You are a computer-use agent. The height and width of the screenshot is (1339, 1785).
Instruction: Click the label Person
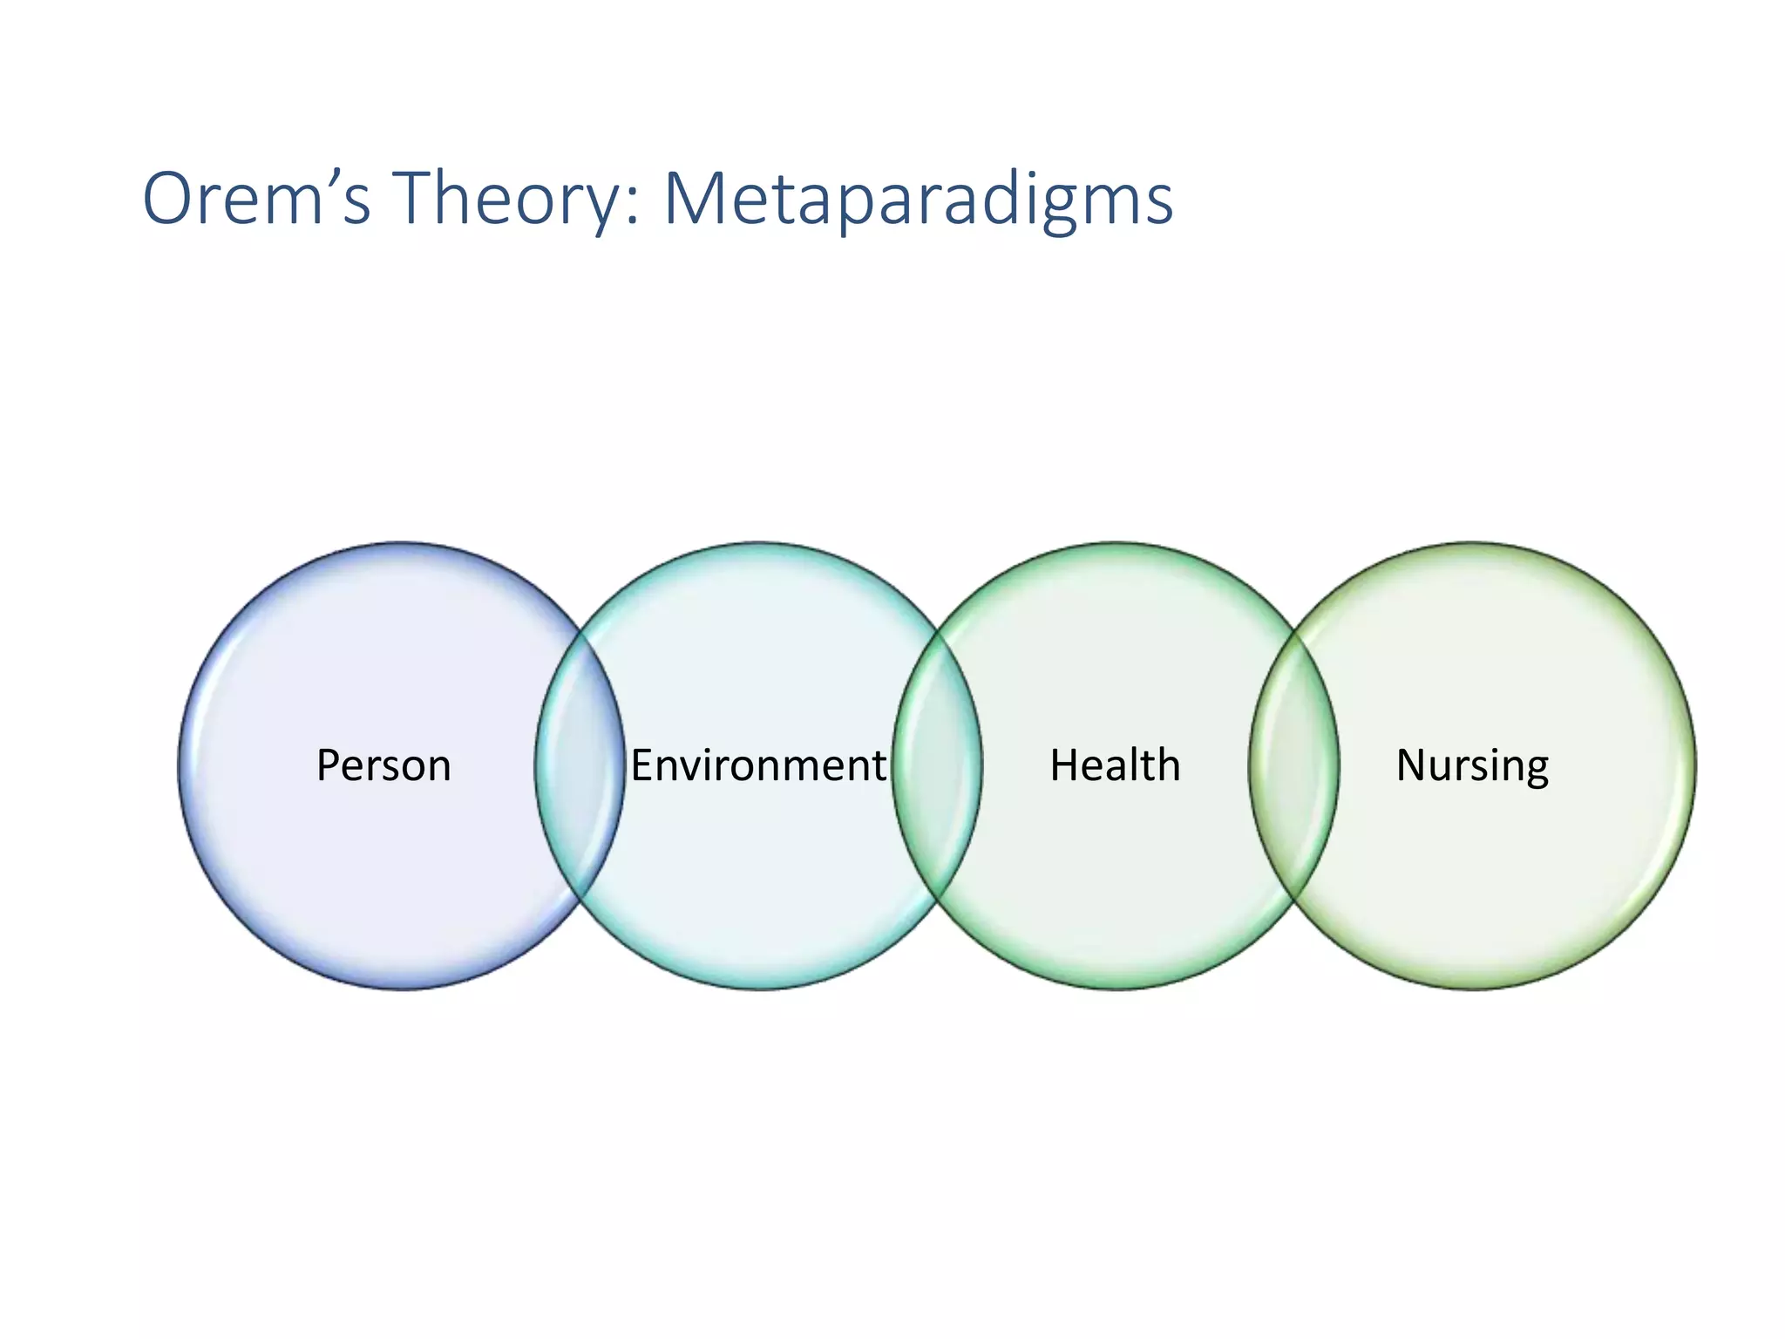pos(383,765)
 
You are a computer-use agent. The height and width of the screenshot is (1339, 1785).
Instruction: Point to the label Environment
pos(757,765)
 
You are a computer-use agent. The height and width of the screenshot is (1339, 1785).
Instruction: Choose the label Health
pos(1115,765)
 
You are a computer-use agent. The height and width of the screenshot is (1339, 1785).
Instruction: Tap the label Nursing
pos(1472,765)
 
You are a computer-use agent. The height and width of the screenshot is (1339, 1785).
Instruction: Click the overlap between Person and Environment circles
pos(580,765)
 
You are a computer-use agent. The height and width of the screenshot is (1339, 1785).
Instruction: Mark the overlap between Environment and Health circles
pos(938,765)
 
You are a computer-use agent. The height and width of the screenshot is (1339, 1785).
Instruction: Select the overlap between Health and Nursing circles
pos(1294,765)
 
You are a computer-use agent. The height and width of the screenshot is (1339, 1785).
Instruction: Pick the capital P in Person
pos(328,765)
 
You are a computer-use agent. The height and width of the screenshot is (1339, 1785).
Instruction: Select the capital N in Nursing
pos(1411,765)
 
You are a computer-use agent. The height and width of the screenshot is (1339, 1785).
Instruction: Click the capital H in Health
pos(1064,765)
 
